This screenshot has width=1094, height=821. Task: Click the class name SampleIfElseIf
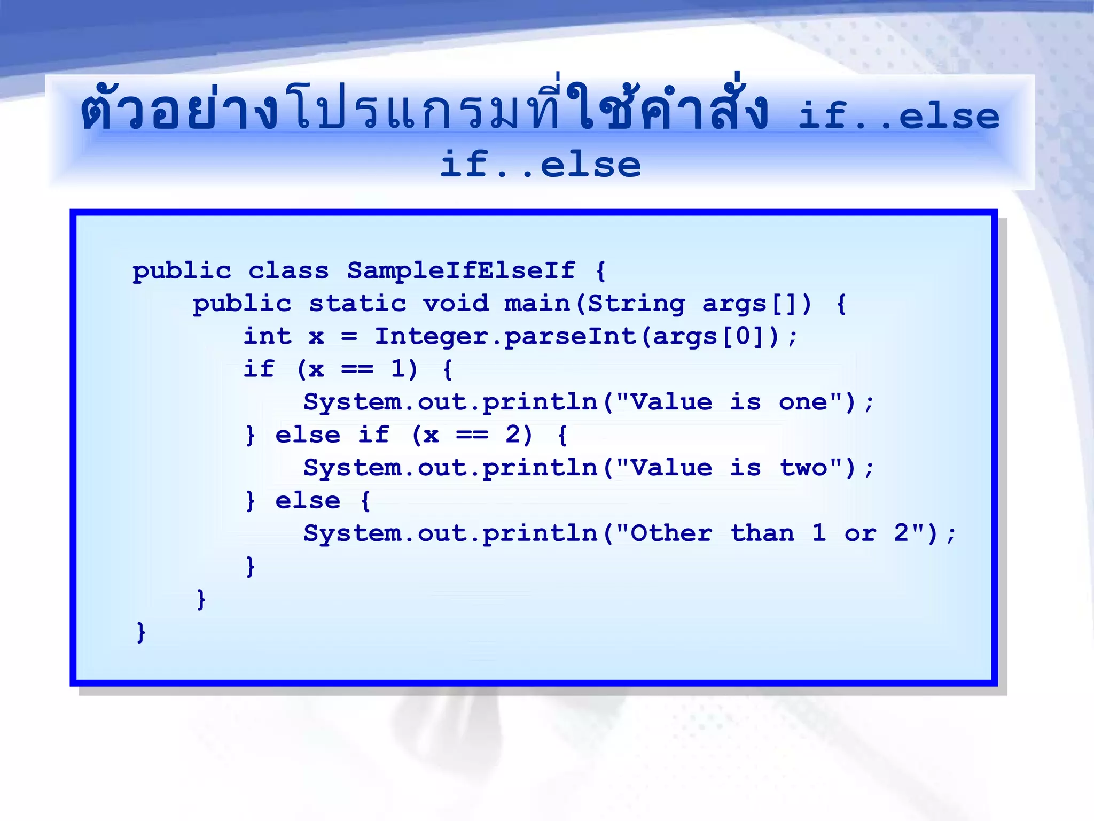[x=461, y=270]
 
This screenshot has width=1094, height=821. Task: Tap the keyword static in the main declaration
[x=357, y=304]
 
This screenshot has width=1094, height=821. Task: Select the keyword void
[x=456, y=304]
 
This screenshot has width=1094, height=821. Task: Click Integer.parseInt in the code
[x=506, y=336]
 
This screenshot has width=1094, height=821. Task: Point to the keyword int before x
[x=267, y=336]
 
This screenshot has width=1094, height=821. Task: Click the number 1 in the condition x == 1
[x=398, y=369]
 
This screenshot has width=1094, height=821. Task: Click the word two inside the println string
[x=803, y=468]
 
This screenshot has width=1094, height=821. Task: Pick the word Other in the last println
[x=671, y=533]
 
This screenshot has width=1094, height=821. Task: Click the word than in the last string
[x=762, y=533]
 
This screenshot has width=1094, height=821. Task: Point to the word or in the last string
[x=860, y=533]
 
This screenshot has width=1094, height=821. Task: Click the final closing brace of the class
[x=140, y=632]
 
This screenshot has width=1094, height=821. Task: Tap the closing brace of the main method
[x=201, y=599]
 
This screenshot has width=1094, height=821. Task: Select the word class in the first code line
[x=288, y=270]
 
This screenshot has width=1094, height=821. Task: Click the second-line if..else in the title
[x=540, y=165]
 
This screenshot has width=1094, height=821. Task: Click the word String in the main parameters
[x=636, y=304]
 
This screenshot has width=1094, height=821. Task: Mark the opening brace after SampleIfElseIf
[x=601, y=270]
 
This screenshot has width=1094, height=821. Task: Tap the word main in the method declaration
[x=537, y=304]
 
